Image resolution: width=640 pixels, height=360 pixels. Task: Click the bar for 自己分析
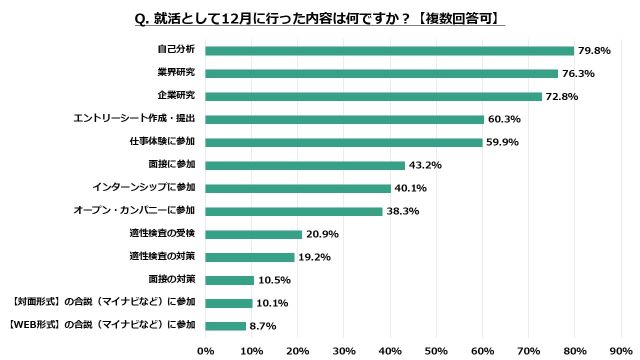tap(389, 51)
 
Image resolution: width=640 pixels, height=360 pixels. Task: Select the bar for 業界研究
tap(381, 74)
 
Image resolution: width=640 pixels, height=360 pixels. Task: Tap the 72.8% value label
tap(562, 97)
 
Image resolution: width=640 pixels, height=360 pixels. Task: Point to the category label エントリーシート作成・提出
tap(134, 118)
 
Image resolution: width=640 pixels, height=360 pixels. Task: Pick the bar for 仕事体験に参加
tap(343, 143)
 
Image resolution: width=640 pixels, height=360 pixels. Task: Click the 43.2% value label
tap(425, 165)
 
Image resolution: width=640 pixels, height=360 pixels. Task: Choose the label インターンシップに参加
tap(143, 187)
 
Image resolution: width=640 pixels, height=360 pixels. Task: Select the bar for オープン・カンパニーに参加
tap(293, 211)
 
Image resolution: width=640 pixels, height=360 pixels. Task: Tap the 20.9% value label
tap(322, 234)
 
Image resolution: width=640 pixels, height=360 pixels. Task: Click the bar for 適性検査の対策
tap(249, 257)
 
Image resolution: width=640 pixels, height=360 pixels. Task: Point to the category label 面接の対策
tap(171, 279)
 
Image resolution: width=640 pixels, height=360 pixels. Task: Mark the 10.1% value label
tap(272, 303)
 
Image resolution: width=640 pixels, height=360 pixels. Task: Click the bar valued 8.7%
tap(225, 326)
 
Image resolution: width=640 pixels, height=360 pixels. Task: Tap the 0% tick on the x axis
tap(205, 351)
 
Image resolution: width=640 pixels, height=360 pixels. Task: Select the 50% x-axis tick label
tap(436, 351)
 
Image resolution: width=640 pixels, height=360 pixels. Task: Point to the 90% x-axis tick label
tap(620, 351)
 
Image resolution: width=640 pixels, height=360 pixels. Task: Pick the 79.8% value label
tap(594, 51)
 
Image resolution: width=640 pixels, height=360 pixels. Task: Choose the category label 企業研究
tap(176, 95)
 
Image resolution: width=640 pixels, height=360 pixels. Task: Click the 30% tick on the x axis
tap(344, 351)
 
